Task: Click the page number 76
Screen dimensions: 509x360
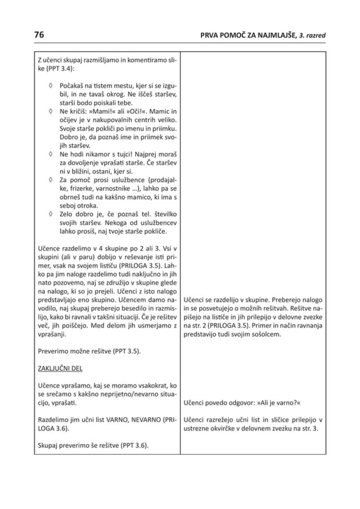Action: [x=39, y=35]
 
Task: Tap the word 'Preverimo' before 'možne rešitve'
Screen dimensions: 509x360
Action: [x=52, y=351]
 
